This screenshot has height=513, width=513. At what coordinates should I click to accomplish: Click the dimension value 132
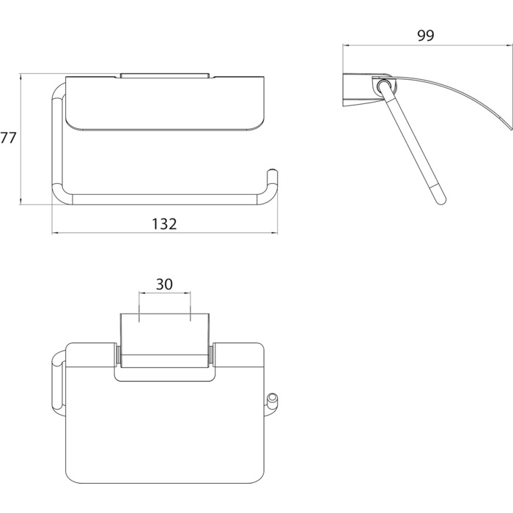[164, 224]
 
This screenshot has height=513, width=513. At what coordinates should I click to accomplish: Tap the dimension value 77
[8, 138]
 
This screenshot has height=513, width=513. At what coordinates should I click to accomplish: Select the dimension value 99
[426, 36]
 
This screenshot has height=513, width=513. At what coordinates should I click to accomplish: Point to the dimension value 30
[164, 284]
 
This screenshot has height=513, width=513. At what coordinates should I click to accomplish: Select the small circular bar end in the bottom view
[272, 399]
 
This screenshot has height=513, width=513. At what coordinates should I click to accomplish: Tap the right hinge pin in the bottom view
[211, 355]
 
